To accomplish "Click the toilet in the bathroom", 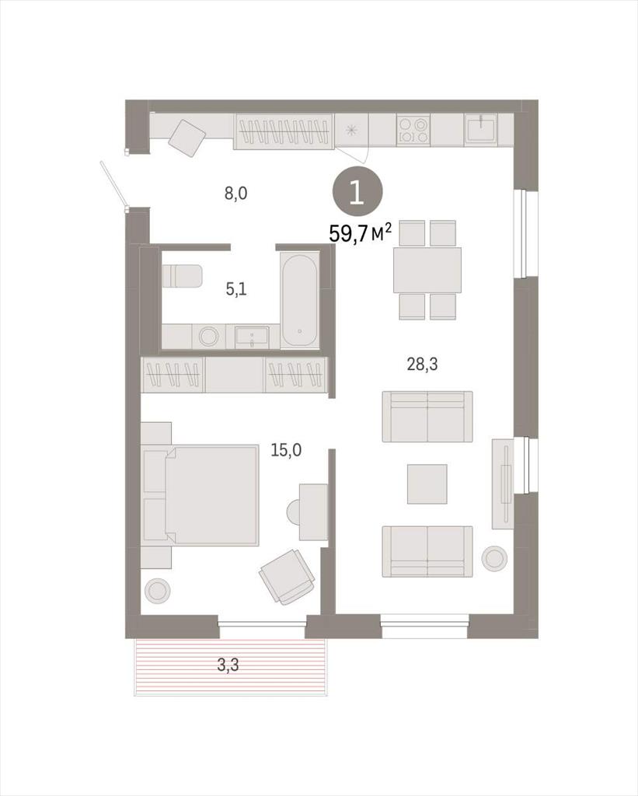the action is pyautogui.click(x=182, y=276).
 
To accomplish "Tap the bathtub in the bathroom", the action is pyautogui.click(x=299, y=300).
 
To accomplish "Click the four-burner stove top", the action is pyautogui.click(x=413, y=130).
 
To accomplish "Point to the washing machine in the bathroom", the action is pyautogui.click(x=207, y=336).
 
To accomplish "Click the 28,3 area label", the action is pyautogui.click(x=422, y=364).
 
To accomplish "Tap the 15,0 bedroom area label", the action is pyautogui.click(x=286, y=450).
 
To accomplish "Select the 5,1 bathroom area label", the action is pyautogui.click(x=236, y=290).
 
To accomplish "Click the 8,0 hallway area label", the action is pyautogui.click(x=236, y=193).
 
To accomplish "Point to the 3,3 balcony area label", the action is pyautogui.click(x=228, y=665).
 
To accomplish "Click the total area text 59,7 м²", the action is pyautogui.click(x=361, y=233).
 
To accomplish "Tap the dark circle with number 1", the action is pyautogui.click(x=357, y=194).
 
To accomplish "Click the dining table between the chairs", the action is pyautogui.click(x=427, y=270).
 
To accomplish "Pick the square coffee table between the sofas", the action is pyautogui.click(x=427, y=484).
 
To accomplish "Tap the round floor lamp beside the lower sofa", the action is pyautogui.click(x=494, y=559).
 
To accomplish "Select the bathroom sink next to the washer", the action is pyautogui.click(x=253, y=337).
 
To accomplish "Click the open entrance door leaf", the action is pyautogui.click(x=113, y=185).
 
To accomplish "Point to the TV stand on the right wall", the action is pyautogui.click(x=503, y=484).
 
